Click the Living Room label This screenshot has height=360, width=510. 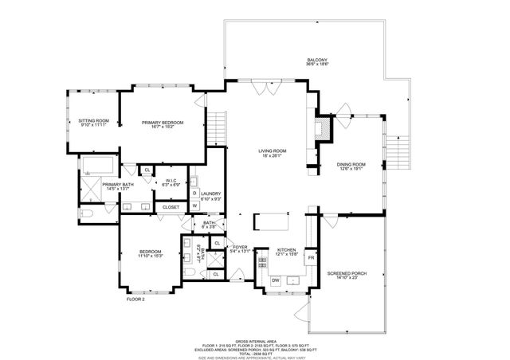pyautogui.click(x=272, y=153)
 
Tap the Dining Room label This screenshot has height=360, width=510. pyautogui.click(x=351, y=166)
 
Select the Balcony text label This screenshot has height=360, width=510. pyautogui.click(x=317, y=62)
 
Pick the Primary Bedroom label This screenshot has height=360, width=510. pyautogui.click(x=163, y=123)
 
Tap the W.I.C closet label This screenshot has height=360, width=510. pyautogui.click(x=171, y=183)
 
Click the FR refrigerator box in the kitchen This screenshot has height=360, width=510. pyautogui.click(x=312, y=258)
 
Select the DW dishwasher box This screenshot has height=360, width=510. pyautogui.click(x=275, y=280)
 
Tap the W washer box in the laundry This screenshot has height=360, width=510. pyautogui.click(x=194, y=205)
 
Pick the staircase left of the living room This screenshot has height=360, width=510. pyautogui.click(x=215, y=124)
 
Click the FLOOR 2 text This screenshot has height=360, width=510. pyautogui.click(x=135, y=299)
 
